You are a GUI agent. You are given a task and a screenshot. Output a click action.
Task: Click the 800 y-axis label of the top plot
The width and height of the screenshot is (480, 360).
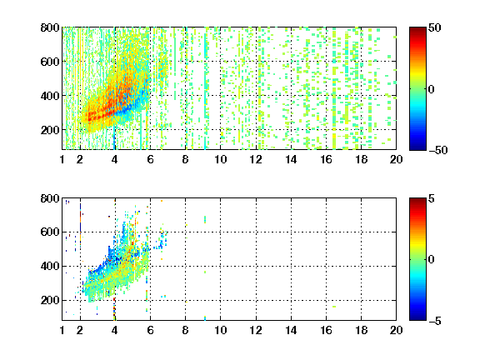[x=50, y=27]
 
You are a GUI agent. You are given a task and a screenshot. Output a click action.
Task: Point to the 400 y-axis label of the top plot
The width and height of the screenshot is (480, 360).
[x=50, y=96]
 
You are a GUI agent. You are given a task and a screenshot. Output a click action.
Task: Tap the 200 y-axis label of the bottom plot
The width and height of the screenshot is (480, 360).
[x=50, y=300]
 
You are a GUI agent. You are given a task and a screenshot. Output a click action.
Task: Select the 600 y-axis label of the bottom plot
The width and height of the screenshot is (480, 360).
[x=50, y=232]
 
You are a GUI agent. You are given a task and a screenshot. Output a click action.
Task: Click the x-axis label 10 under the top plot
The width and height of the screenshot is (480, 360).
[x=220, y=159]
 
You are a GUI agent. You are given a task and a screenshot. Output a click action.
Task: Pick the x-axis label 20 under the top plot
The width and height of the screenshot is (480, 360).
[x=396, y=159]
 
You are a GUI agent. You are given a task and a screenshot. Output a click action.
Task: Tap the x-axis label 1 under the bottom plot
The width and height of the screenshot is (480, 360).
[x=62, y=330]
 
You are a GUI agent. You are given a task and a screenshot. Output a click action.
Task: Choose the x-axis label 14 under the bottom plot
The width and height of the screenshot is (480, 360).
[x=291, y=330]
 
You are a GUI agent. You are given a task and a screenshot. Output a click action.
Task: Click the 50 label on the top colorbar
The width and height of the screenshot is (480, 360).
[x=435, y=27]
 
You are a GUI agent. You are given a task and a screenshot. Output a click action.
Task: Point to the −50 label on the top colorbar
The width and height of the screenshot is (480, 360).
[x=438, y=150]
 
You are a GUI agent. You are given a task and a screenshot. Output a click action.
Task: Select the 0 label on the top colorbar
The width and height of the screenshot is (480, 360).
[x=432, y=89]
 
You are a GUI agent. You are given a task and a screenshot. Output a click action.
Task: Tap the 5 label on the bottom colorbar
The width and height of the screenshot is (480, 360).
[x=432, y=198]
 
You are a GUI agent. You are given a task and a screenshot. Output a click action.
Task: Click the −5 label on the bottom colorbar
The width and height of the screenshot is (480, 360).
[x=435, y=321]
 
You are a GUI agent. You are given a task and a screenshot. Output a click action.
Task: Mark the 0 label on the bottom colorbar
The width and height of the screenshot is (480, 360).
[x=432, y=260]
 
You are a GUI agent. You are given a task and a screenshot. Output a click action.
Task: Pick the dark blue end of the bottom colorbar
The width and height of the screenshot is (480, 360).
[x=417, y=318]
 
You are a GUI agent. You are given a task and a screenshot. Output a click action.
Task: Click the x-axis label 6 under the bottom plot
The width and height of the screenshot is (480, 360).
[x=150, y=330]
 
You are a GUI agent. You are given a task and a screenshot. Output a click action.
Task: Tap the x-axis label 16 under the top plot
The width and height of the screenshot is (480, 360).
[x=326, y=159]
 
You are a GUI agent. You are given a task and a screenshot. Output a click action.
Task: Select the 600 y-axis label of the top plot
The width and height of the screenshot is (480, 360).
[x=50, y=62]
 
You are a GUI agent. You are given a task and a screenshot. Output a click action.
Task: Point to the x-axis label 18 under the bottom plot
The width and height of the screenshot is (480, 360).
[x=361, y=330]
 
